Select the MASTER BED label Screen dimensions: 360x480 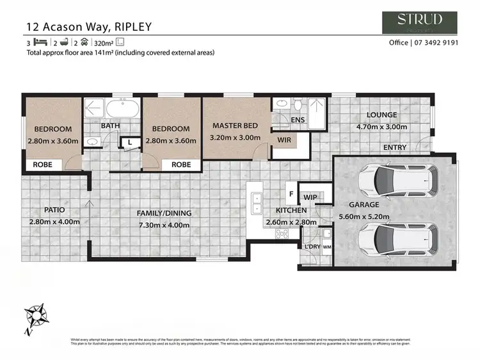(235, 125)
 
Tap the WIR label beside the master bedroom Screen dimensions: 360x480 (284, 138)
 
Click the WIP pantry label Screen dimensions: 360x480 (310, 197)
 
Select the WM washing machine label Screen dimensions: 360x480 (327, 247)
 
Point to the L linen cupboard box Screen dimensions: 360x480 (130, 142)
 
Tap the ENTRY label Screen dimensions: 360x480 (394, 147)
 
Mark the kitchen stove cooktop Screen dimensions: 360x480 (282, 234)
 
